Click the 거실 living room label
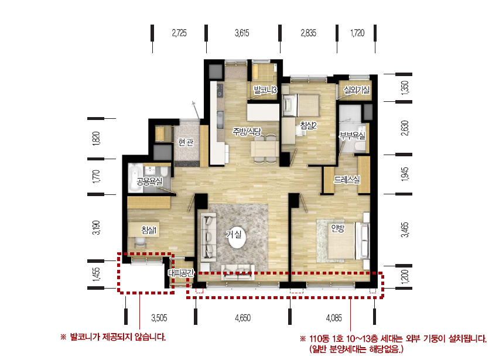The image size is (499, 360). [x=234, y=235]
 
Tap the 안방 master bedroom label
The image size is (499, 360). [x=338, y=228]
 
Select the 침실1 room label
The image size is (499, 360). [x=149, y=230]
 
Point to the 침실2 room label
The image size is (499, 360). [x=309, y=125]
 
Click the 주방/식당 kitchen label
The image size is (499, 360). [x=247, y=131]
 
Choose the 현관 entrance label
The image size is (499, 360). [x=186, y=142]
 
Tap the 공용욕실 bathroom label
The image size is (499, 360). [x=149, y=181]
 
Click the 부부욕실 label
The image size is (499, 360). [x=353, y=136]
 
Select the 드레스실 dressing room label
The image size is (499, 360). [x=347, y=180]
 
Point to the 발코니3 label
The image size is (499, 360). [x=265, y=90]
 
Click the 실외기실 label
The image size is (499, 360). [x=357, y=90]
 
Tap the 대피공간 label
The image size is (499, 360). [x=181, y=273]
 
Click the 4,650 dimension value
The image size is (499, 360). [x=243, y=318]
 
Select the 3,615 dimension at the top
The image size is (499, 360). [x=242, y=33]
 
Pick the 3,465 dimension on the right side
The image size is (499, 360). [x=405, y=229]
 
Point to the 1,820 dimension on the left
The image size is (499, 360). [x=96, y=139]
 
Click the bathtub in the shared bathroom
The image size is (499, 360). [x=135, y=178]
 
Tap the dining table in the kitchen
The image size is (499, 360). [x=265, y=149]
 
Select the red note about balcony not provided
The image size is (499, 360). [x=113, y=337]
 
